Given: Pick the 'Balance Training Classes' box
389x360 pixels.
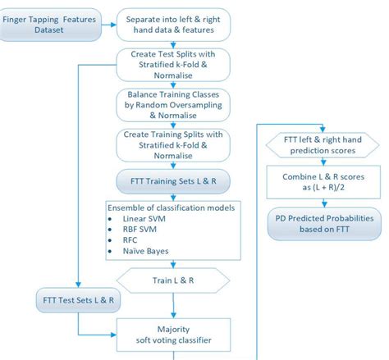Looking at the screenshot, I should coord(172,105).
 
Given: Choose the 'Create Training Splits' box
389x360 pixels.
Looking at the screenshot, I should coord(172,144).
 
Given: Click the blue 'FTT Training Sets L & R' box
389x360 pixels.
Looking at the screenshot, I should coord(172,180).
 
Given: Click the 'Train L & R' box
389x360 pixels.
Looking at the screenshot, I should coord(172,280).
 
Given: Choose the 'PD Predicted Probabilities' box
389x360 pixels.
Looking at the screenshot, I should coord(321,225).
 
